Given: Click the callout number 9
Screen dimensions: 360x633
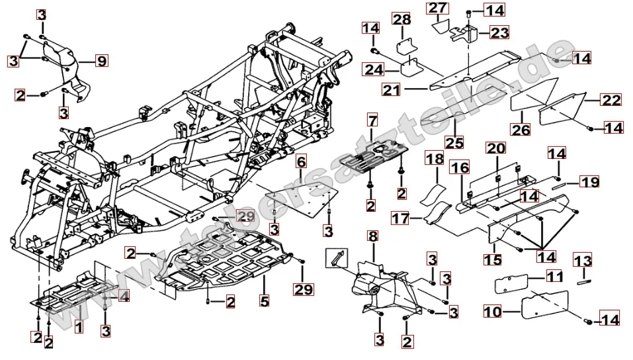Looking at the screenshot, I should [x=101, y=62].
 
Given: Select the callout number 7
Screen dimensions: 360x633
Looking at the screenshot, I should [x=372, y=121].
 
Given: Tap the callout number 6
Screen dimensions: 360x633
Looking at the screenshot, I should [x=301, y=161].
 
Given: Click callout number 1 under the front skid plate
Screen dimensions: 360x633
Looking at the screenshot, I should [x=78, y=326].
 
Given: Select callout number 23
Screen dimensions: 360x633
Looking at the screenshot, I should [x=499, y=32].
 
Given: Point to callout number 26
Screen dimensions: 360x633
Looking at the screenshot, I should [x=521, y=130].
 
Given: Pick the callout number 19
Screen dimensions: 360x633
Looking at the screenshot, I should [x=589, y=181].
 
